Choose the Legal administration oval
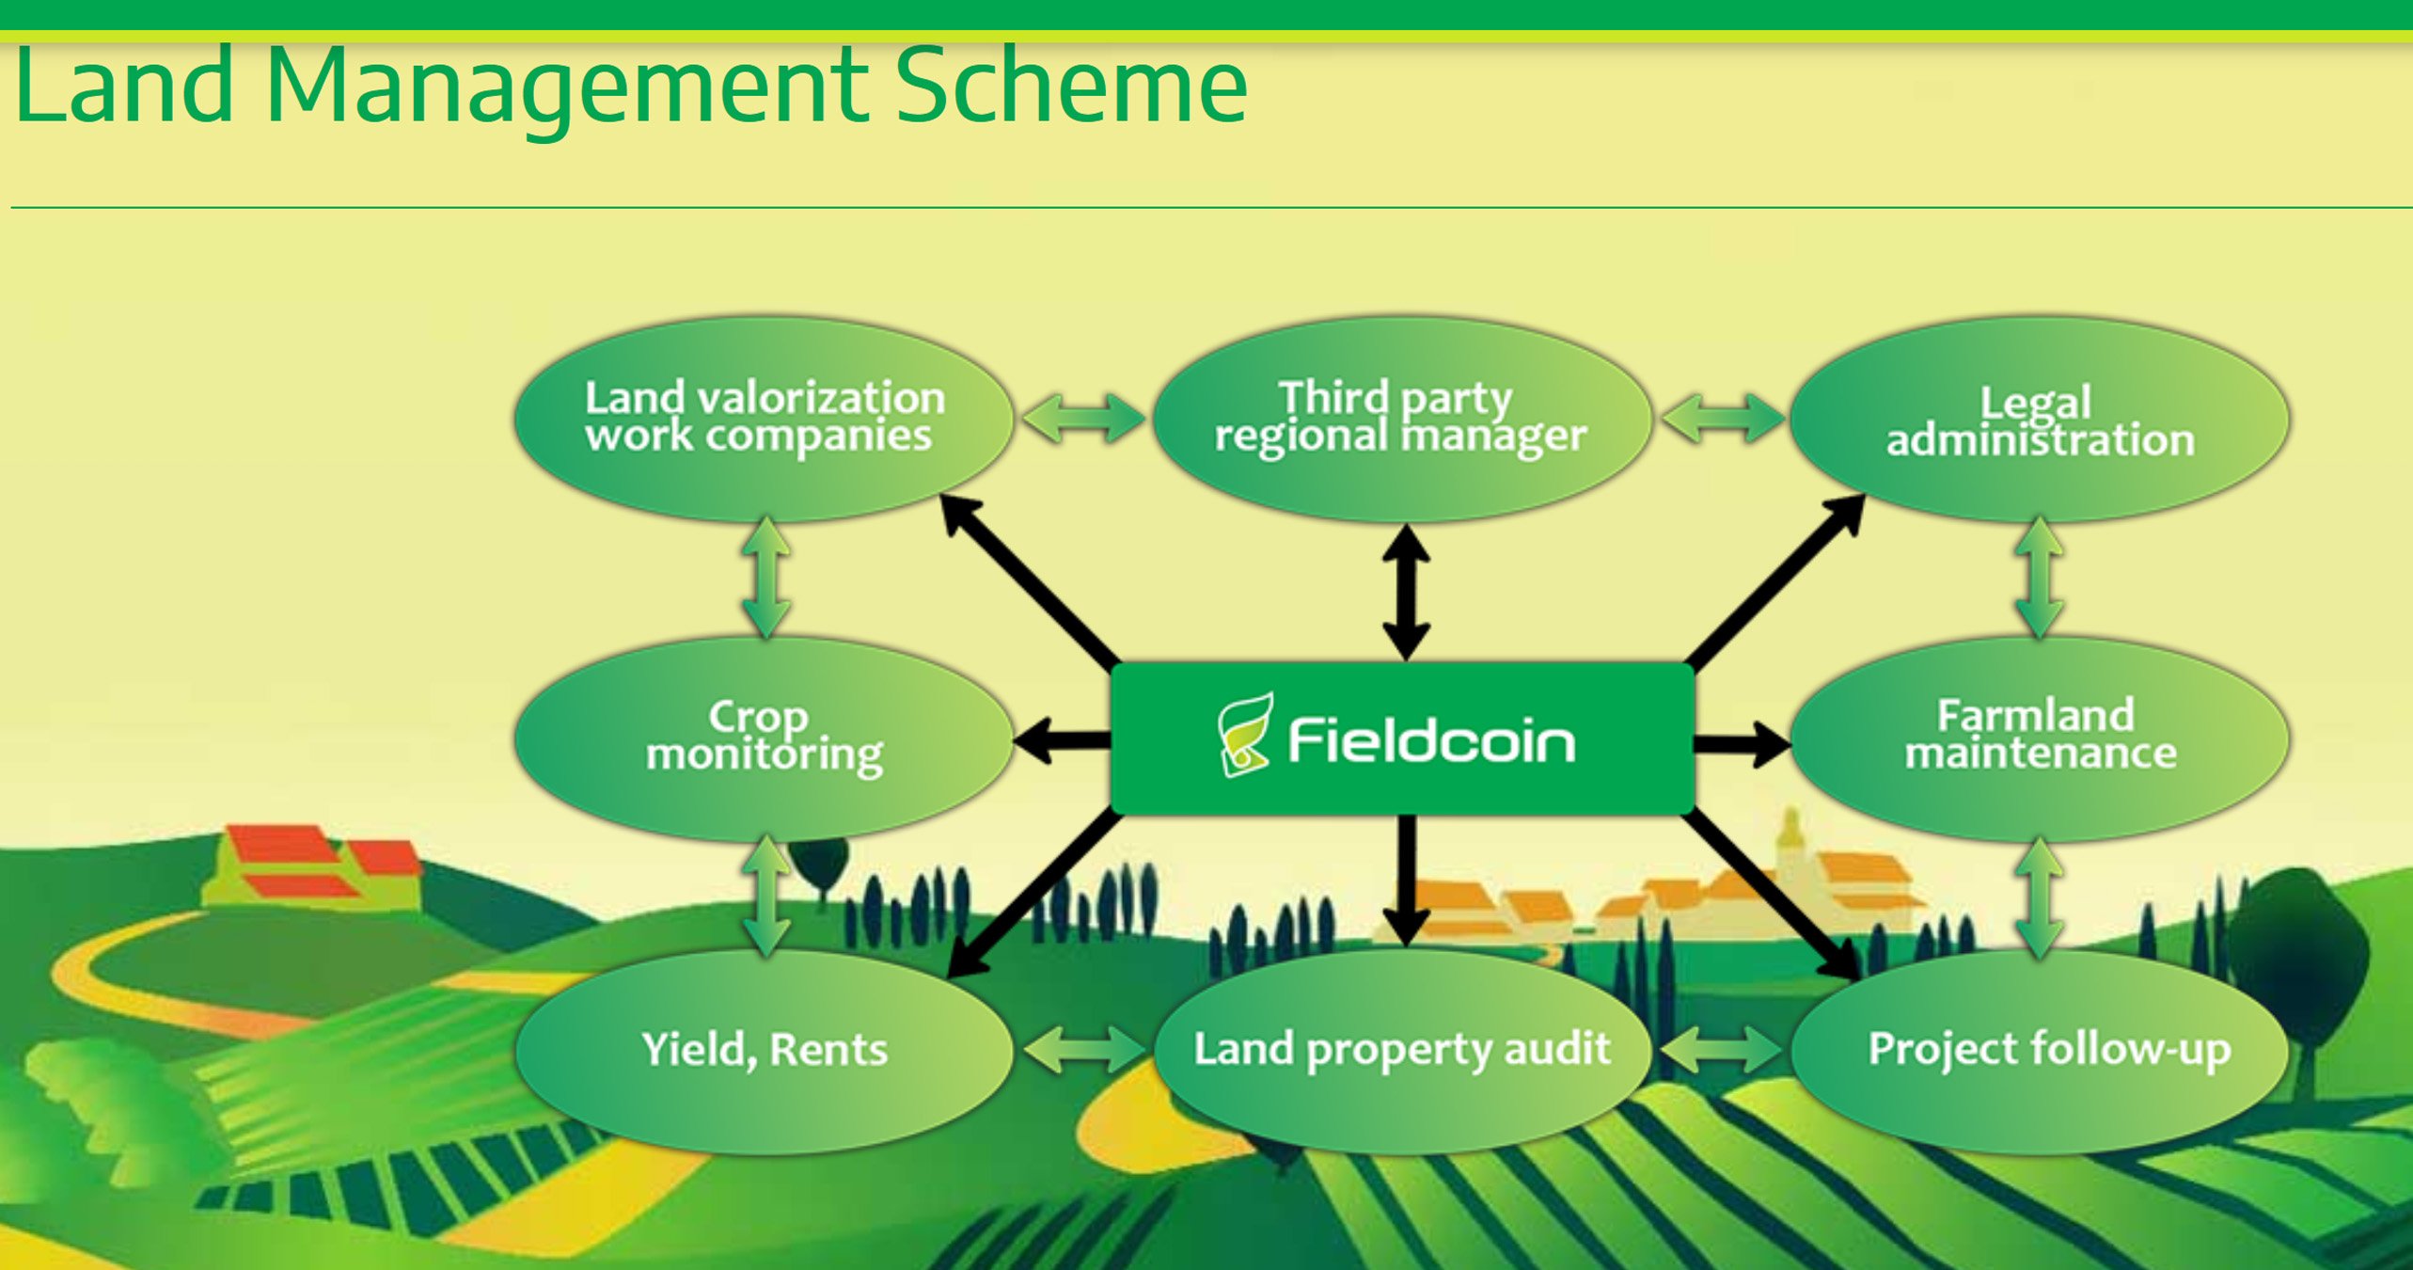[2039, 419]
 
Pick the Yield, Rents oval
[764, 1050]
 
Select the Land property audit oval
[1401, 1050]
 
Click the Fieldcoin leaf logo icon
[1245, 736]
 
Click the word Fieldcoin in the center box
[1431, 740]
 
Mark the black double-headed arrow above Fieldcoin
[1406, 593]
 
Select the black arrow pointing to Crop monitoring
[1063, 741]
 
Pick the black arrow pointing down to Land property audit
[1407, 880]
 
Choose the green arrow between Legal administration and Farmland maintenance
[2039, 578]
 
